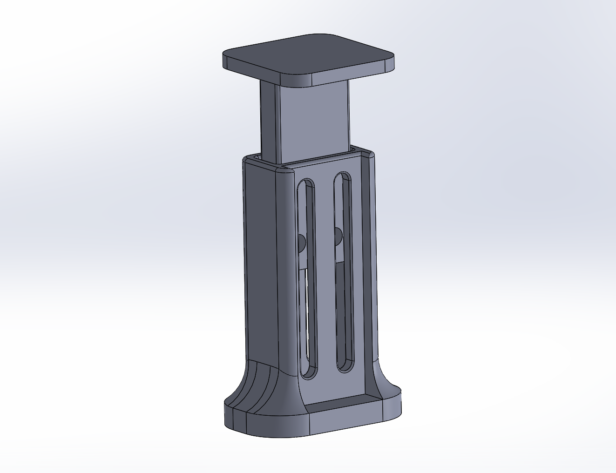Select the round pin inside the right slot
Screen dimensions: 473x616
click(x=338, y=235)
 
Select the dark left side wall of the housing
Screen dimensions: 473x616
click(x=261, y=261)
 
